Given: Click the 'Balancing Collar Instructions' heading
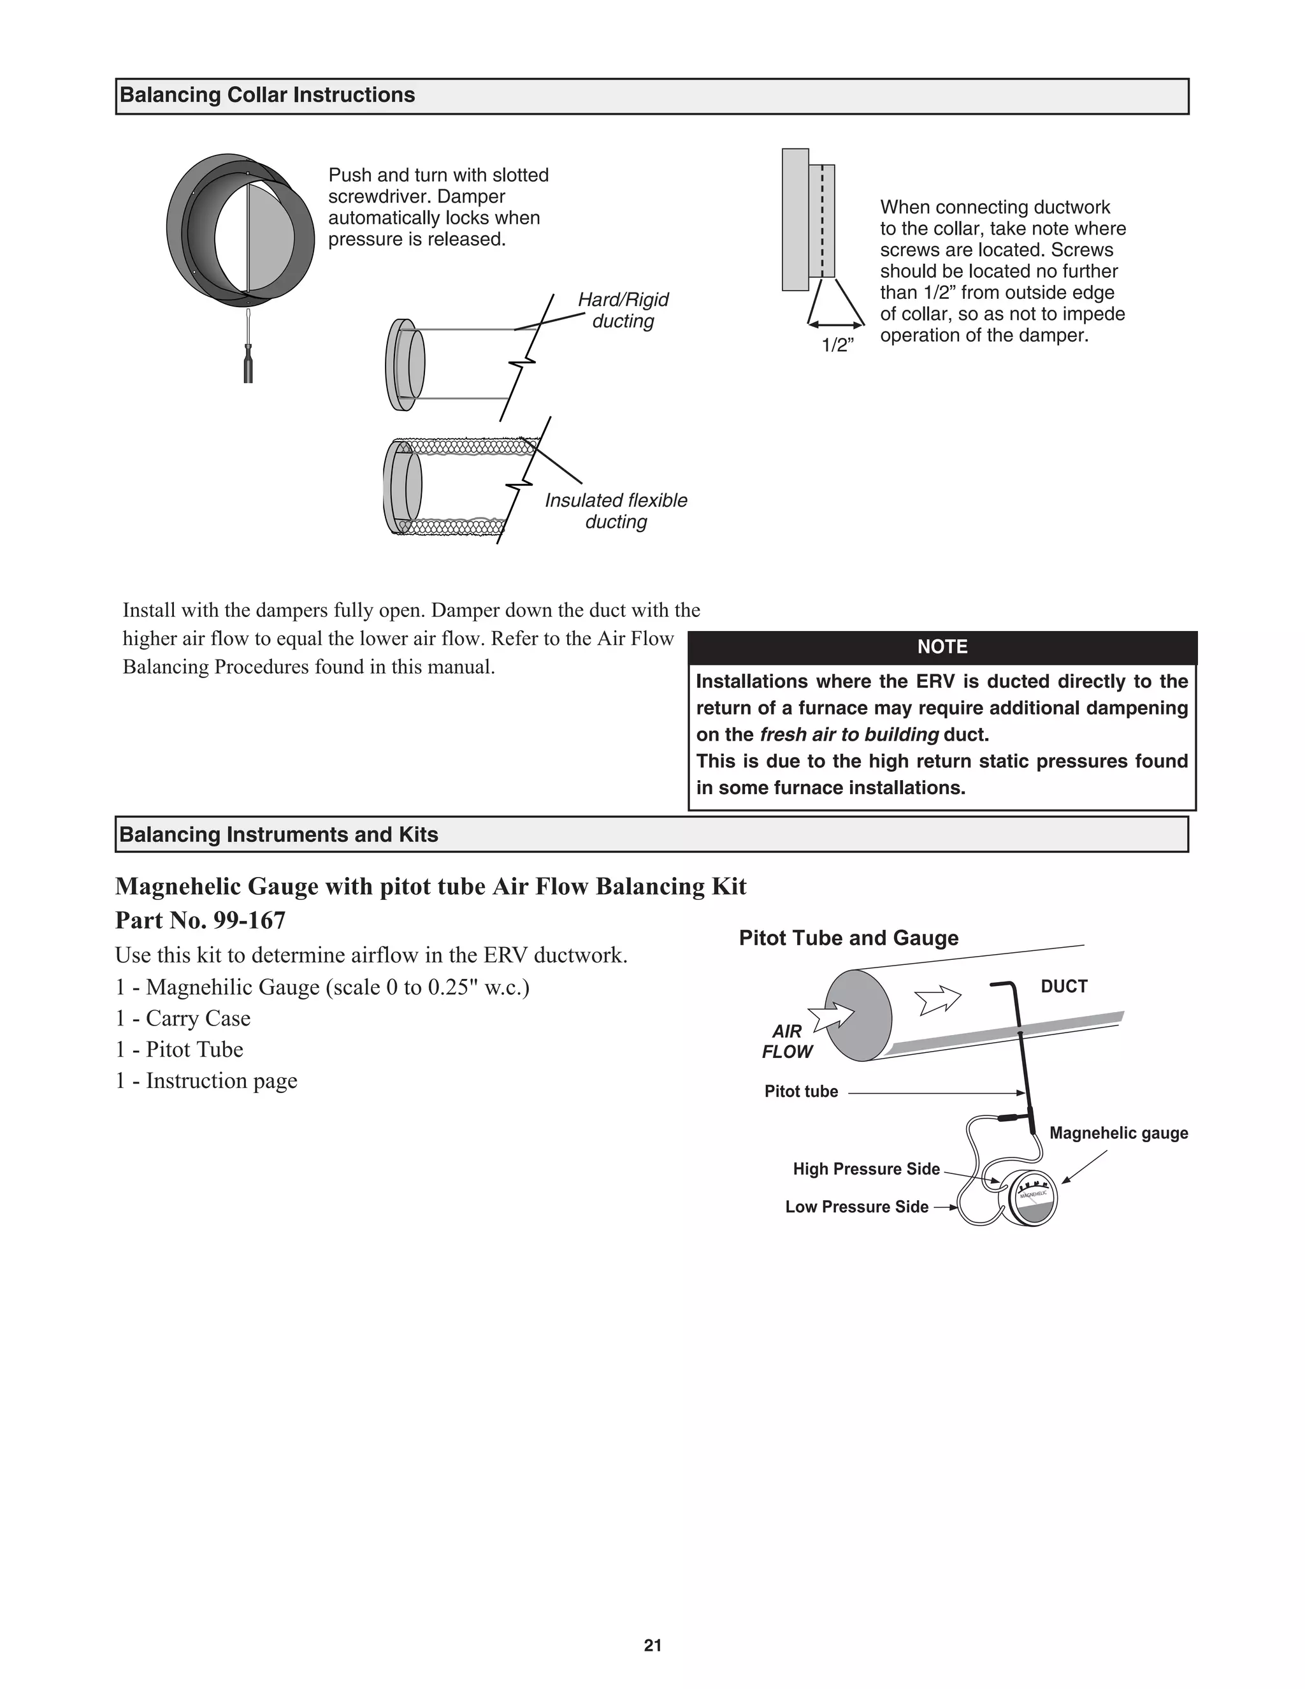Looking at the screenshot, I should [268, 95].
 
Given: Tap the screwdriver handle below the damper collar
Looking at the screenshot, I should [248, 365].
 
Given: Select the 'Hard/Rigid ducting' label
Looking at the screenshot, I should [623, 310].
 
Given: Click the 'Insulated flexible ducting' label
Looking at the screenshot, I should [616, 511].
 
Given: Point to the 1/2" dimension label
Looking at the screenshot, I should [837, 345].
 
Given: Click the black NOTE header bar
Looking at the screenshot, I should [942, 646].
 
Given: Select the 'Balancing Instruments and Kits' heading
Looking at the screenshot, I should [278, 834].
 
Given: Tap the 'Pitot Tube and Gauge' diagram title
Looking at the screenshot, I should [848, 938].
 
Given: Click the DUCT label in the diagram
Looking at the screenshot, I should [1063, 986].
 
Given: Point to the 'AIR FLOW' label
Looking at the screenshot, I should [787, 1041].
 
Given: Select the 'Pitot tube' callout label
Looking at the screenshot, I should [801, 1091].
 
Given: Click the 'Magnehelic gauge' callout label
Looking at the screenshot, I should [1118, 1133].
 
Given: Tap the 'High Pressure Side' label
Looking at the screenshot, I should [866, 1168].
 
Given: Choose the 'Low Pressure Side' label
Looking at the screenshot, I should [856, 1207].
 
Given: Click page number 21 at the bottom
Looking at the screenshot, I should [652, 1645].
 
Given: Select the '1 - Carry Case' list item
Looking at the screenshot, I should [184, 1018].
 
